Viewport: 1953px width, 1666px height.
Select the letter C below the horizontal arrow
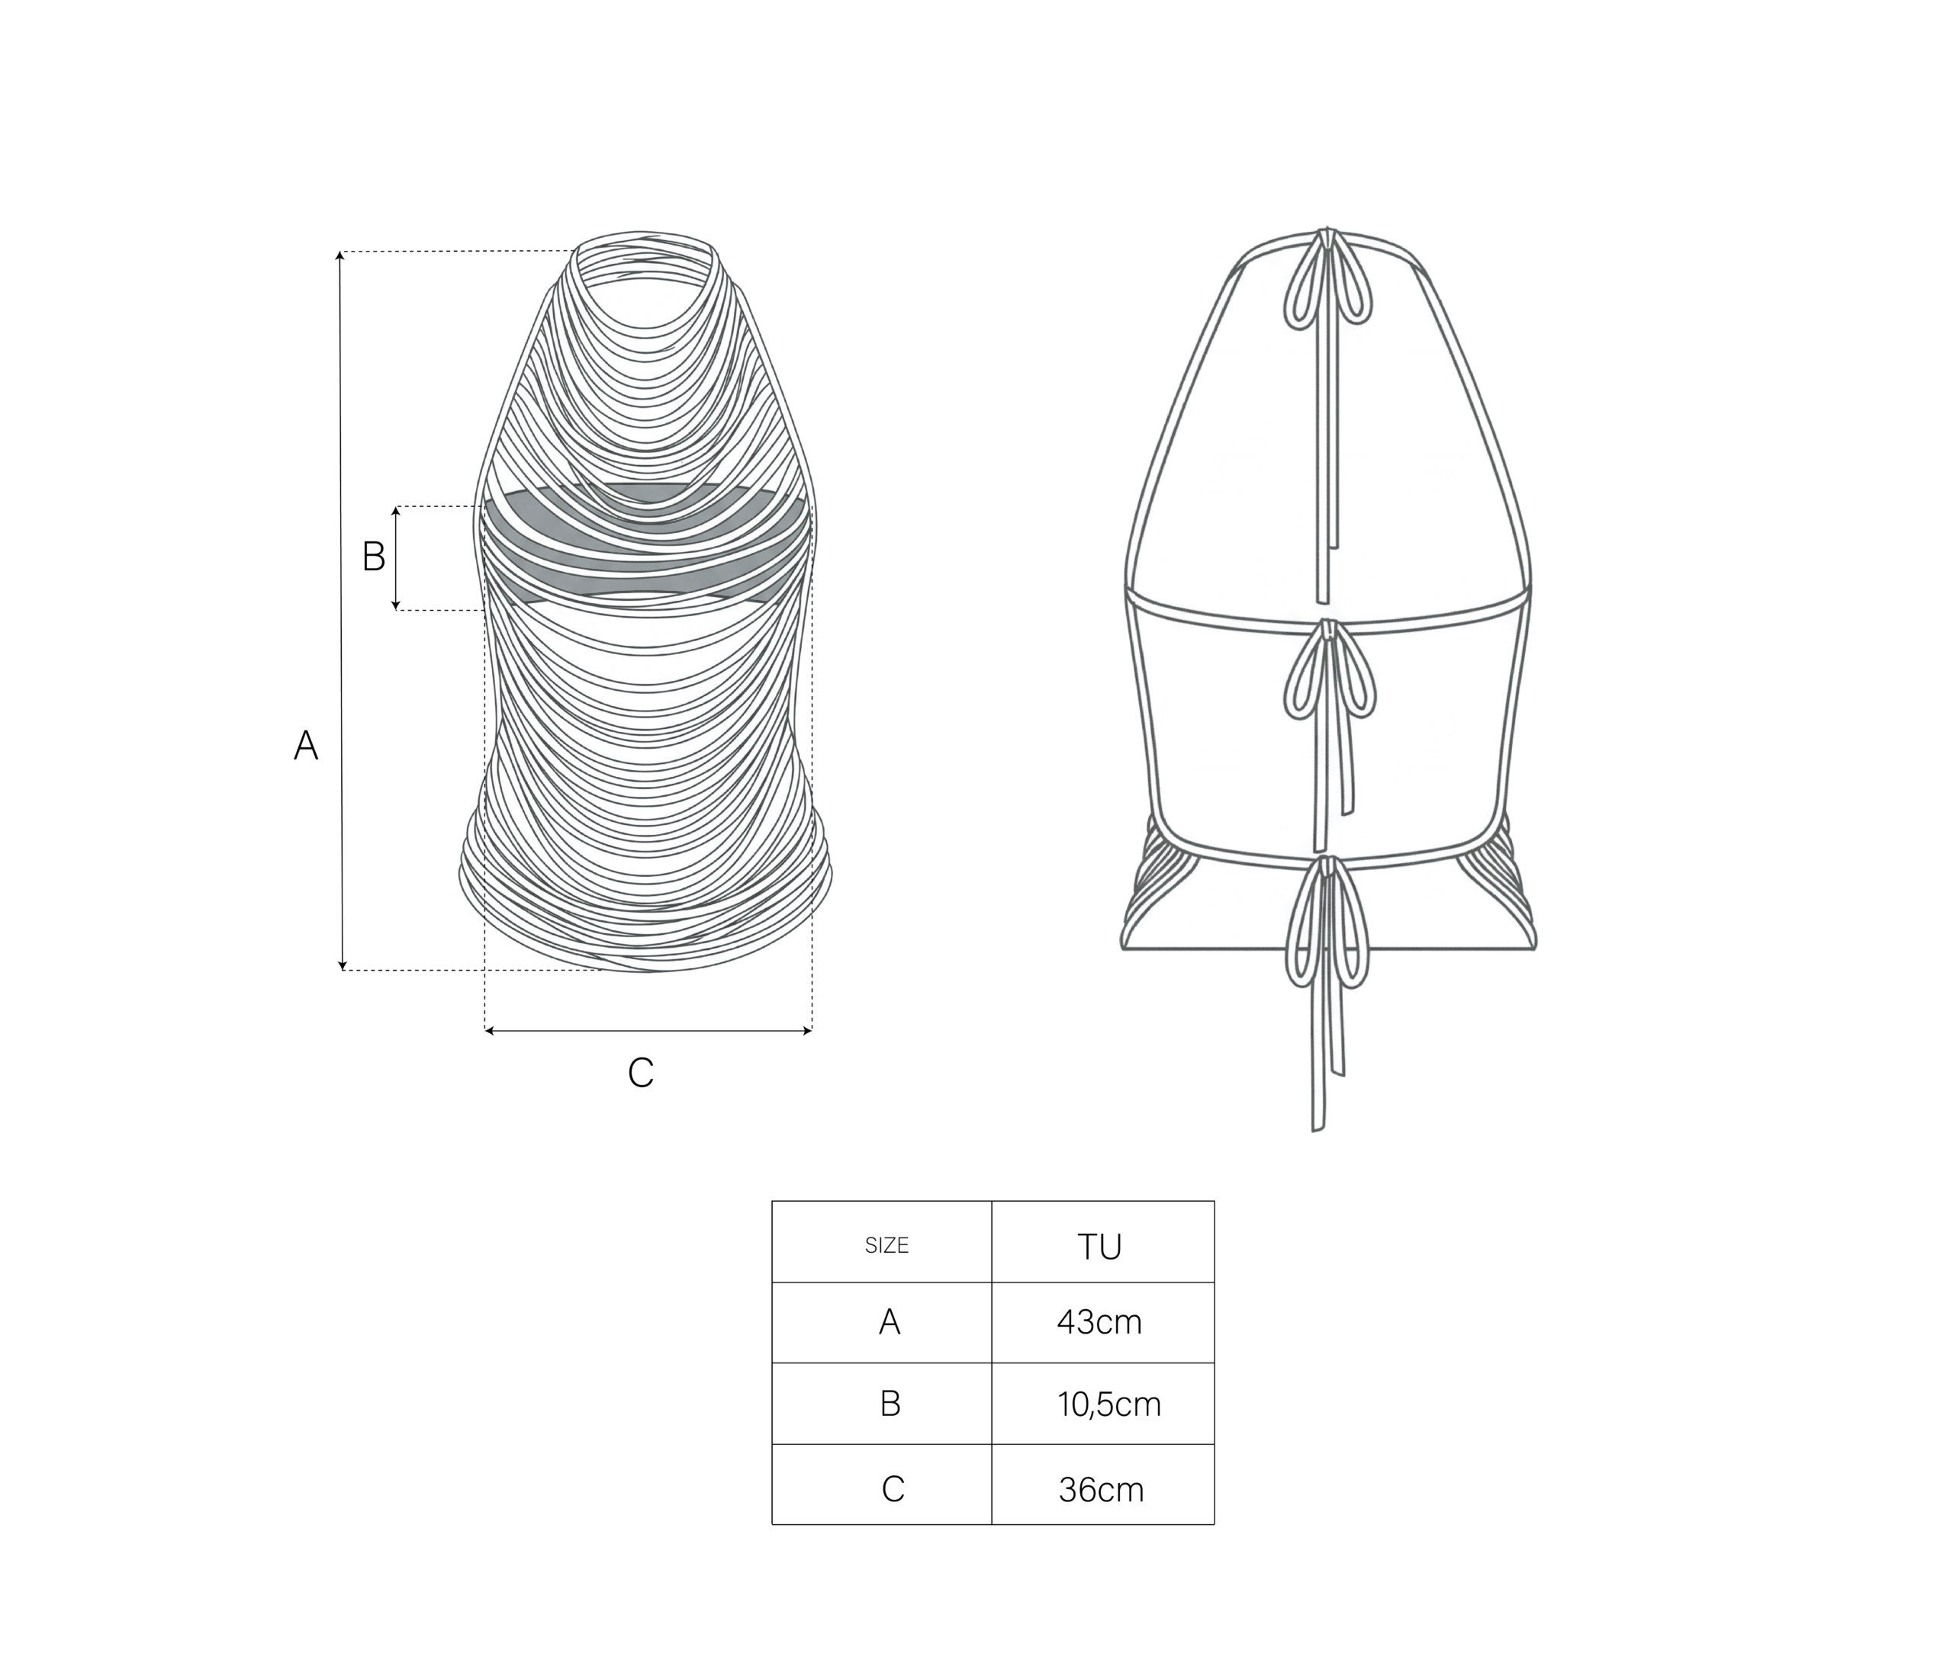tap(641, 1072)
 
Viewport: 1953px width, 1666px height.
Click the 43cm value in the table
tap(1099, 1322)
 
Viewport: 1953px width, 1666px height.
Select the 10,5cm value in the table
tap(1108, 1405)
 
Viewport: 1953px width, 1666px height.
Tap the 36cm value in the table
tap(1101, 1490)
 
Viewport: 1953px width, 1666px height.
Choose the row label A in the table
tap(890, 1322)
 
